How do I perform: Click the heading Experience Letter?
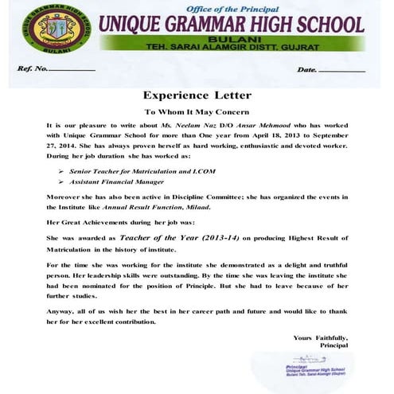pos(196,95)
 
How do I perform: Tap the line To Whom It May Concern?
pos(196,112)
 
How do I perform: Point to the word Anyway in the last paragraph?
pos(62,312)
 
